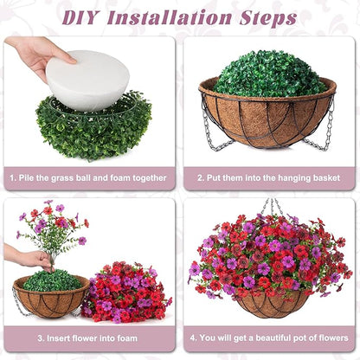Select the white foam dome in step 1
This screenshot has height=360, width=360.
pyautogui.click(x=87, y=80)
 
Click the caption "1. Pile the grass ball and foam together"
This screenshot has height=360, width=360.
pyautogui.click(x=89, y=177)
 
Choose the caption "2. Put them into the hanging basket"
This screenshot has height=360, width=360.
pyautogui.click(x=269, y=177)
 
